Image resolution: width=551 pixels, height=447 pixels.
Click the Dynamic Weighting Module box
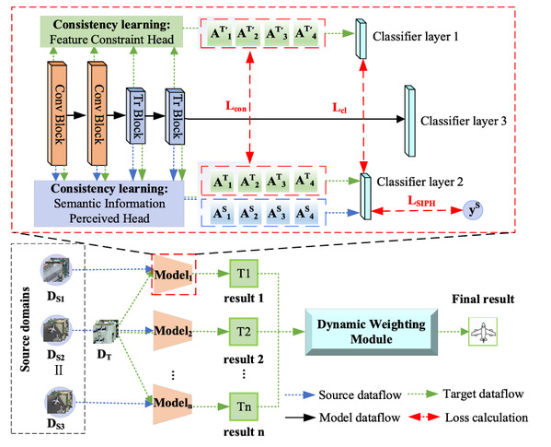coord(372,332)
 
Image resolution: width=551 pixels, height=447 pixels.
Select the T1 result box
coord(244,274)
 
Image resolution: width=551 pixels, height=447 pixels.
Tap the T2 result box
coord(244,332)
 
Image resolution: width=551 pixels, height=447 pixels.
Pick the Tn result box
coord(244,406)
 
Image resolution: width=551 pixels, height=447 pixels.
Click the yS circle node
coord(473,210)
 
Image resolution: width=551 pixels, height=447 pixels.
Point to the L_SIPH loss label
coord(421,201)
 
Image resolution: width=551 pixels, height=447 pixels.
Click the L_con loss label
coord(235,106)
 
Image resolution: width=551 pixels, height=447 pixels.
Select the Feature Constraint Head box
coord(111,31)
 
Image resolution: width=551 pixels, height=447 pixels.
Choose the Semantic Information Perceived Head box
coord(109,204)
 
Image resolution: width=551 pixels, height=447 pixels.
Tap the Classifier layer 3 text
coord(464,121)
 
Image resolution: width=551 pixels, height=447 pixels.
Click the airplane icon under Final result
coord(483,332)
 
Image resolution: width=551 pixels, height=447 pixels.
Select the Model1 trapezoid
coord(173,274)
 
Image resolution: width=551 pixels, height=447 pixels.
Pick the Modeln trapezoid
coord(173,404)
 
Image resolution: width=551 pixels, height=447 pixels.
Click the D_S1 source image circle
coord(56,270)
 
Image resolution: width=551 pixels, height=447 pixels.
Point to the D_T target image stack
coord(105,331)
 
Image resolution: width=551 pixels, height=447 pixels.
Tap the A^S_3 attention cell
coord(276,213)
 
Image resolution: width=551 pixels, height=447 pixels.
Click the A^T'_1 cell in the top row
coord(221,34)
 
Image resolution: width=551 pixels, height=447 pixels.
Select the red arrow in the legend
coord(424,418)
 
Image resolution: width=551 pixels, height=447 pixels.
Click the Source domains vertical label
coord(25,329)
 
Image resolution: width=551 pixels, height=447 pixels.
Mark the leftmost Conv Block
coord(57,113)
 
